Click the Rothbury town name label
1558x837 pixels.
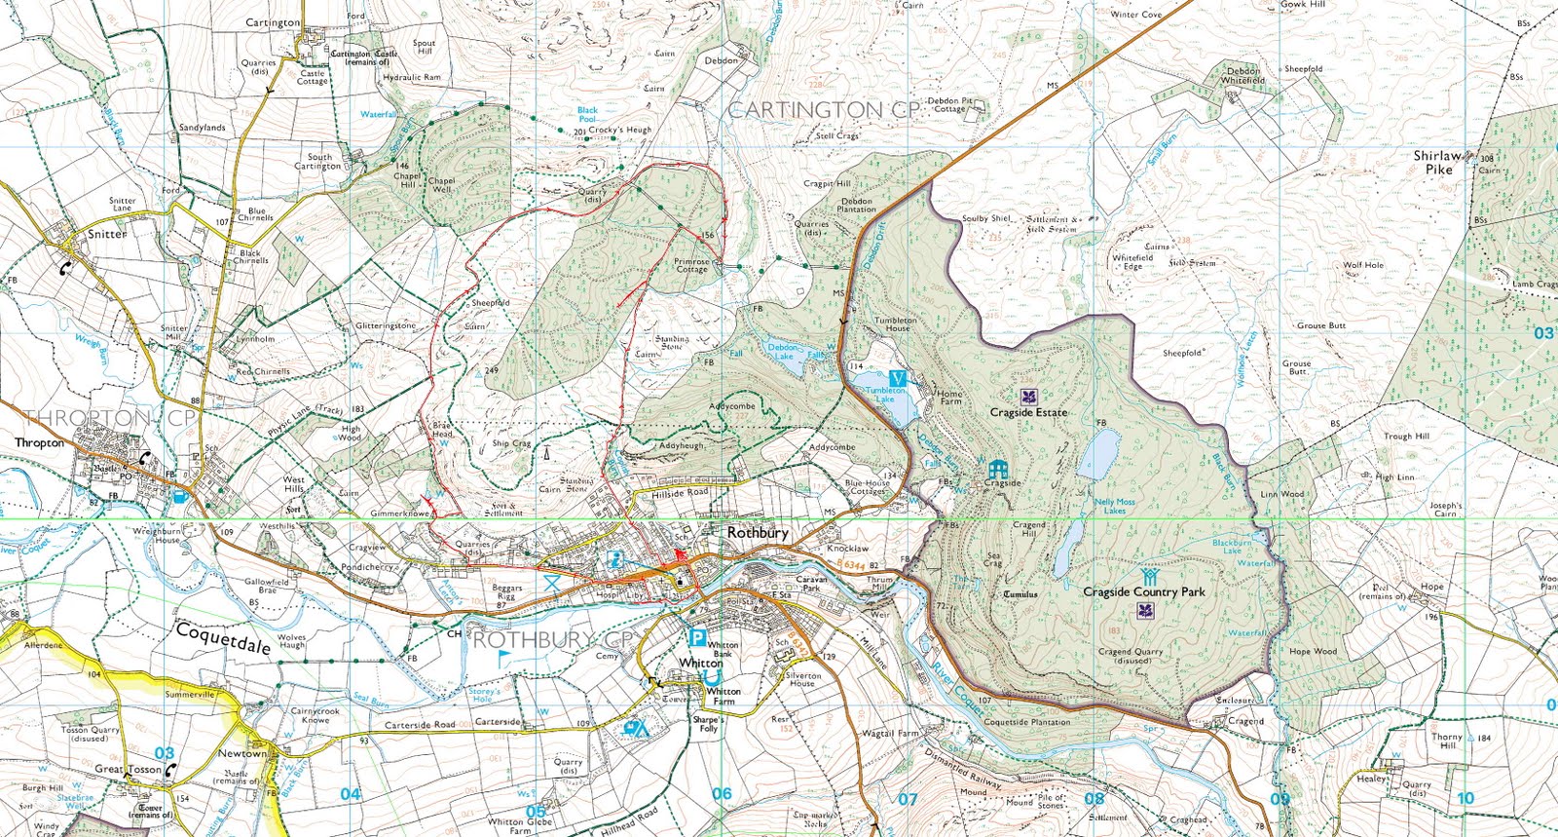click(x=758, y=533)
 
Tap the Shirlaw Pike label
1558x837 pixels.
click(x=1438, y=162)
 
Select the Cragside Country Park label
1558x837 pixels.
click(x=1144, y=591)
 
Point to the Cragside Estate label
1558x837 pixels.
click(x=1028, y=412)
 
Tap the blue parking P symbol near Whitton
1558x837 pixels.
click(x=697, y=638)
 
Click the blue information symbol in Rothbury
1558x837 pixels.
click(x=615, y=560)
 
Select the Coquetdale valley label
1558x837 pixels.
click(x=223, y=638)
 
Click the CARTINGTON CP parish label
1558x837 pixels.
click(x=823, y=110)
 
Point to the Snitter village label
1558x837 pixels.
click(x=107, y=234)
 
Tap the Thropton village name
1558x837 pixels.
click(x=39, y=442)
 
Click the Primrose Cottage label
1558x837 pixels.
click(x=691, y=265)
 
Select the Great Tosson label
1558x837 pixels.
click(x=128, y=769)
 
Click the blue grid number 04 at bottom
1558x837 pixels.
click(x=351, y=794)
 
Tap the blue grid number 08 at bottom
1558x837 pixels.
click(x=1094, y=799)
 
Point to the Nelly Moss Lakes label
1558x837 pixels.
click(x=1115, y=506)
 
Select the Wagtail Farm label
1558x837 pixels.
click(x=889, y=733)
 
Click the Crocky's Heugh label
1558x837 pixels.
click(x=619, y=130)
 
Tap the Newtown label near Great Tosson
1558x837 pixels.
click(x=241, y=753)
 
